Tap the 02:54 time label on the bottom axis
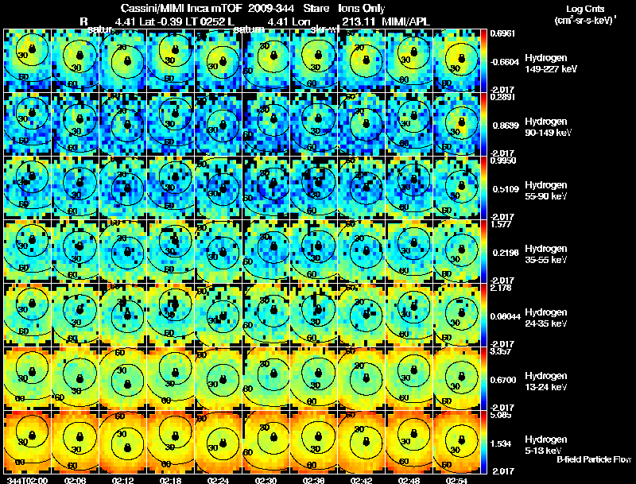point(456,480)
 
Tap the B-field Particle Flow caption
point(593,459)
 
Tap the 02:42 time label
point(361,480)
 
